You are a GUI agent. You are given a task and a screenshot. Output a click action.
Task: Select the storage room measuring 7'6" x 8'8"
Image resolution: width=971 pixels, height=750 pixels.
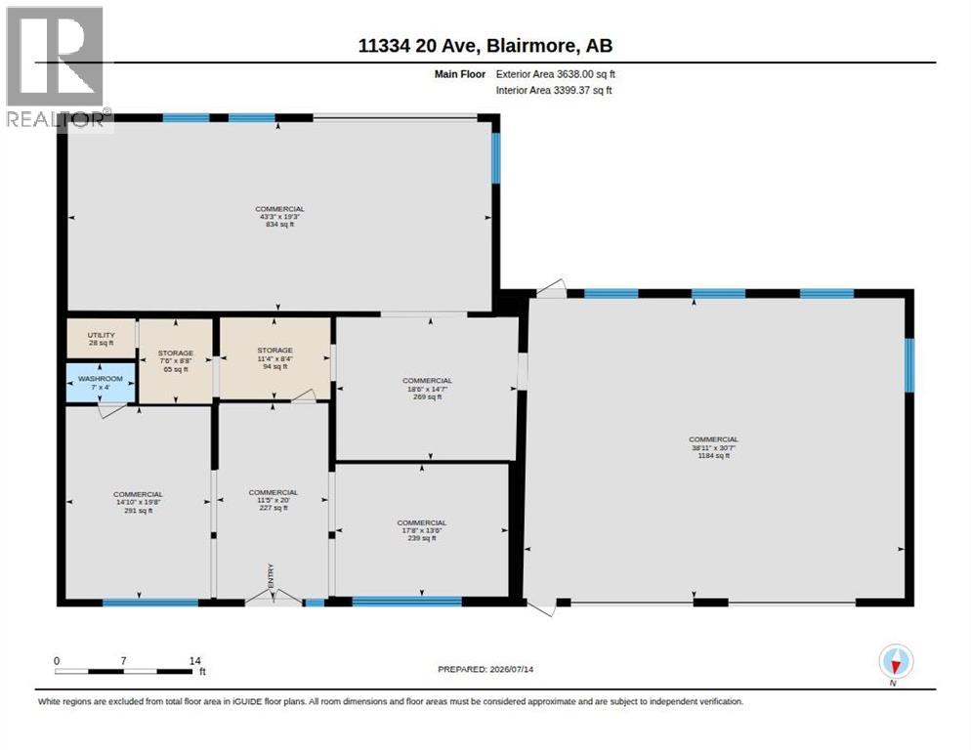(x=175, y=361)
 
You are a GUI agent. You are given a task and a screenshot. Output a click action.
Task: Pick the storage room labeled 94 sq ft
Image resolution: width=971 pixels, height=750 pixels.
(x=274, y=358)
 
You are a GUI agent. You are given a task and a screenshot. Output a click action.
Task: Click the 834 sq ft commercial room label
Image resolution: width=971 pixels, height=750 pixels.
(x=280, y=217)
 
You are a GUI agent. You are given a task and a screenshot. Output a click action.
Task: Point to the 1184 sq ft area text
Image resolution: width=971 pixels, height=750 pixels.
(x=713, y=455)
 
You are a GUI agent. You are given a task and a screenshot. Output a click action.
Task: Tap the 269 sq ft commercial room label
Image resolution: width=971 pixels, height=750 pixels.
(x=427, y=389)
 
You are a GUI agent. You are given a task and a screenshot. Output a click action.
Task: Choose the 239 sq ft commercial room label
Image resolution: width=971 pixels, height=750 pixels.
(x=422, y=530)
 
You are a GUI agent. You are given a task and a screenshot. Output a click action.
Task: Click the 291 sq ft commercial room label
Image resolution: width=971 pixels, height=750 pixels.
(x=138, y=502)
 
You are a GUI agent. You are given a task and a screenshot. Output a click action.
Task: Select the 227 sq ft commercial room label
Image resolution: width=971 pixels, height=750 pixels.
(x=274, y=500)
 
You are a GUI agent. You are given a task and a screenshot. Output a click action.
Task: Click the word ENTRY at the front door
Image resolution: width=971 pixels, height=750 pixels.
(x=271, y=576)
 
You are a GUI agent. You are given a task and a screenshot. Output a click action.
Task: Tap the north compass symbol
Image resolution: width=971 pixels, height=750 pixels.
(x=896, y=662)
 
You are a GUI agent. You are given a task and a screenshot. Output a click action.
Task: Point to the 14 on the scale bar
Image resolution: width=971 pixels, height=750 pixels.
(x=195, y=661)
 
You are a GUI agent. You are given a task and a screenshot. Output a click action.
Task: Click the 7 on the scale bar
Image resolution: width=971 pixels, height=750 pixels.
(x=124, y=661)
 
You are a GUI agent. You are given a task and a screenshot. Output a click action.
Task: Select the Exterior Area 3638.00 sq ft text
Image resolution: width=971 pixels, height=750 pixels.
(x=556, y=74)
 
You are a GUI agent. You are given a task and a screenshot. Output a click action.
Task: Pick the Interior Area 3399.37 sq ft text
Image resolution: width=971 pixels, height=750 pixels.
(x=554, y=91)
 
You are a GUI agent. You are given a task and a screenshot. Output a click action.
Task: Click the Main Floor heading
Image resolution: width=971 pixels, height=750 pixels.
(x=460, y=74)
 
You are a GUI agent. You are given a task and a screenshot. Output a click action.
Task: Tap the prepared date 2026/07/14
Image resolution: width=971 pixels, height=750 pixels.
(x=512, y=670)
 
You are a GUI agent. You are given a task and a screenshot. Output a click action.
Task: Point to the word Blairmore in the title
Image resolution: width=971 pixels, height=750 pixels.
(x=531, y=46)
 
